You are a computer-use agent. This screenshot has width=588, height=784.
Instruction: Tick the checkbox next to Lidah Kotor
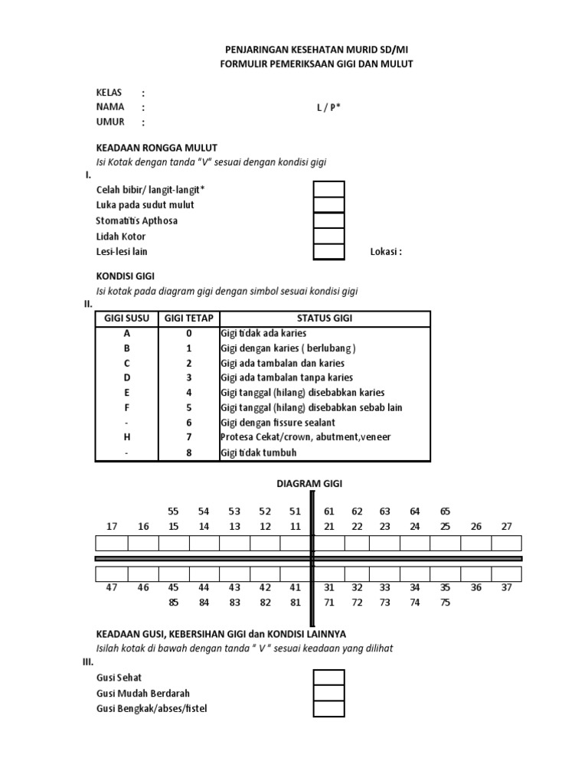(x=329, y=236)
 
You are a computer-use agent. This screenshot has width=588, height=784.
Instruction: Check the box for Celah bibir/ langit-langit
(x=329, y=189)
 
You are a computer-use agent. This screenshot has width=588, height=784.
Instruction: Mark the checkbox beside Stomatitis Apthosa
(x=329, y=220)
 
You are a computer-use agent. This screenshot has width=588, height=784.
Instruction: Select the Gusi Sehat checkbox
(x=329, y=678)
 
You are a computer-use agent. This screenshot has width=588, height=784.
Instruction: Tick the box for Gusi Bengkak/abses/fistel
(x=329, y=709)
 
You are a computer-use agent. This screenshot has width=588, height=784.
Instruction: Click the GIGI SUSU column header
(x=126, y=318)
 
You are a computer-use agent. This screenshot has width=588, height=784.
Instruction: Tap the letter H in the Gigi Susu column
(x=127, y=437)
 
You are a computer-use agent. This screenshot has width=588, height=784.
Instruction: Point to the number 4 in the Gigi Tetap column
(x=188, y=393)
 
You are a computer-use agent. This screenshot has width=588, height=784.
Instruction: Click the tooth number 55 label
(x=173, y=511)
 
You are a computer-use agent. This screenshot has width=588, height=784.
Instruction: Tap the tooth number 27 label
(x=506, y=526)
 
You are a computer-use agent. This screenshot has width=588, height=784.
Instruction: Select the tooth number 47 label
(x=112, y=587)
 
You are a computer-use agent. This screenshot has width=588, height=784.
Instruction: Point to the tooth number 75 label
(x=445, y=603)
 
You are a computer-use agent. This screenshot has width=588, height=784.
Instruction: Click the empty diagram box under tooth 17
(x=112, y=543)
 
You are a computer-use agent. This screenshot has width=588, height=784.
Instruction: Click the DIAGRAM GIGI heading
(x=309, y=484)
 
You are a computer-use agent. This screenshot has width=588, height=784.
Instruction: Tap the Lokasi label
(x=386, y=252)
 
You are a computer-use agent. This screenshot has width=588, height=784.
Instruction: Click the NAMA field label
(x=110, y=107)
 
